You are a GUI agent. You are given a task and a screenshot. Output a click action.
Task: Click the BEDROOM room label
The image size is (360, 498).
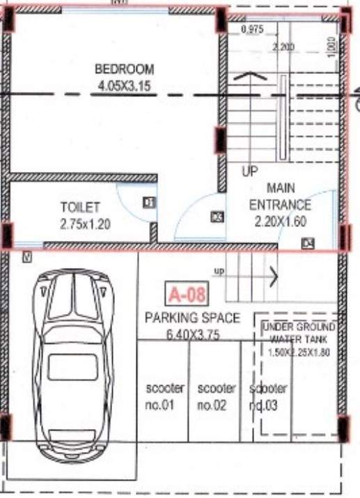[x=124, y=70]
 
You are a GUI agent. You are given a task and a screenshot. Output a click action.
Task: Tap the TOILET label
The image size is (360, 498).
[x=80, y=208]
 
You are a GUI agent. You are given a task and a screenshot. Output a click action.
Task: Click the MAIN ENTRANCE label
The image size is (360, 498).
[x=280, y=197]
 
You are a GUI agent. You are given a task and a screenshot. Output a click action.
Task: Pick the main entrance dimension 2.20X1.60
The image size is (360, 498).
[x=280, y=223]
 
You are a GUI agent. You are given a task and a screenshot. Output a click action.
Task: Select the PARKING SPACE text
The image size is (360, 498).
[x=192, y=318]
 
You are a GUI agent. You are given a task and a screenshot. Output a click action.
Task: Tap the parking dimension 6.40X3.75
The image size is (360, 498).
[x=192, y=334]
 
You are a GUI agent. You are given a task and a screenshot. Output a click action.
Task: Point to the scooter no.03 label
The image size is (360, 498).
[x=268, y=396]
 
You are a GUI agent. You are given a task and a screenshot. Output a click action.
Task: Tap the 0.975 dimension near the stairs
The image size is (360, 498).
[x=252, y=30]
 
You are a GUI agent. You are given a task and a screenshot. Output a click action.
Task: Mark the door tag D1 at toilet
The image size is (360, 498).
[x=148, y=203]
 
